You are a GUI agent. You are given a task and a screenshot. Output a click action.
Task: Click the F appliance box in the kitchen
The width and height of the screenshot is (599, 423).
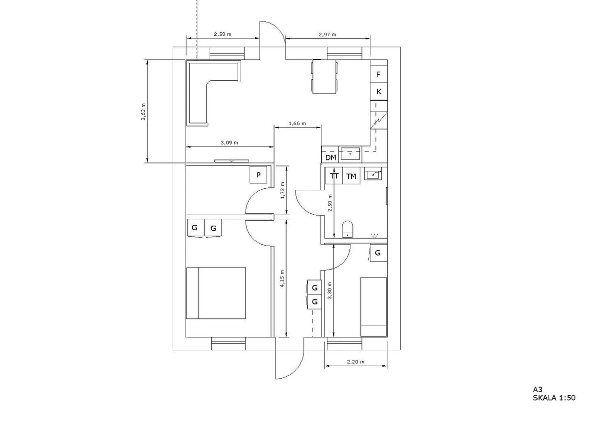379,75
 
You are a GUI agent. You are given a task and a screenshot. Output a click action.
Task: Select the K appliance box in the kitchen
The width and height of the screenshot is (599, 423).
379,92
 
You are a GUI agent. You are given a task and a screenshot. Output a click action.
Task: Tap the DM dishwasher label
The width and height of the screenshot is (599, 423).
330,157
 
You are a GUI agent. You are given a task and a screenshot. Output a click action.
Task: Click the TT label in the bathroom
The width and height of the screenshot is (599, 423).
334,176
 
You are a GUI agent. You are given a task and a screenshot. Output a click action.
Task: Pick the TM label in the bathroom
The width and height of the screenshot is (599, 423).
351,176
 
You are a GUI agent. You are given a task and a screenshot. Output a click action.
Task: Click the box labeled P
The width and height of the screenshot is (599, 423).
259,175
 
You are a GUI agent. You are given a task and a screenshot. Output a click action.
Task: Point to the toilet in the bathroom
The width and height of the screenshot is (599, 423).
347,230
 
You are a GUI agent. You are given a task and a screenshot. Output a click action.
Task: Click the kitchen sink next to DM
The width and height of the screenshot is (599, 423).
351,154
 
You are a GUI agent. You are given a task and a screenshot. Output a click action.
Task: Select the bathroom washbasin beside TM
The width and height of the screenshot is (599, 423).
373,174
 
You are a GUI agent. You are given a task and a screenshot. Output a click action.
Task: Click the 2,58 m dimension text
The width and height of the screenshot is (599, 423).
222,34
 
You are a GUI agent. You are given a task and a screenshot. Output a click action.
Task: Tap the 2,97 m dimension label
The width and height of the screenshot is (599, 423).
327,34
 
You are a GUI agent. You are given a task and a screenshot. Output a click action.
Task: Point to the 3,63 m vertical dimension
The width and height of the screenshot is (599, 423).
143,112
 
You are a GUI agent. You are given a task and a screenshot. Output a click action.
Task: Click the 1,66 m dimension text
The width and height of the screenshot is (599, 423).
298,123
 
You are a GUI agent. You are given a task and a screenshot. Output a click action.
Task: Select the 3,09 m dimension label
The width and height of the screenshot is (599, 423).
229,142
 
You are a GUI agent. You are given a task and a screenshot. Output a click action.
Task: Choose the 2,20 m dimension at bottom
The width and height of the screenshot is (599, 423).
355,362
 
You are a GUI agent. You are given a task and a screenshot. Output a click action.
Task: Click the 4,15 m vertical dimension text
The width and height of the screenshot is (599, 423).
282,279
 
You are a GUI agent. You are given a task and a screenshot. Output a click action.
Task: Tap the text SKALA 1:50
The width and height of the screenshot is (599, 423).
554,398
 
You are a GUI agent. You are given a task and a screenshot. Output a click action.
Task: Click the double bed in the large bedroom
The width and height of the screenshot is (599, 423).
216,293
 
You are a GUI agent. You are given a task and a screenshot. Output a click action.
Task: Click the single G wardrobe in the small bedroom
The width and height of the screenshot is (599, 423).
378,253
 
